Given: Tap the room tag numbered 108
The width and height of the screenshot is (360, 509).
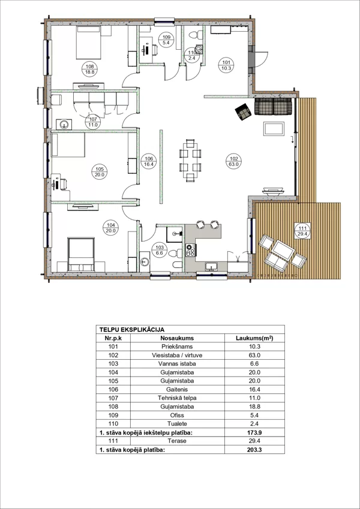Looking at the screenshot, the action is (x=88, y=70).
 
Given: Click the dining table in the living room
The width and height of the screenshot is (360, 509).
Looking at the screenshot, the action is (x=190, y=160).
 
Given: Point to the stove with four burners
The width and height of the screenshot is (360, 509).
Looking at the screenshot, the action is (x=190, y=250).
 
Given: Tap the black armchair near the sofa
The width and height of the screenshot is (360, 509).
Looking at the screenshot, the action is (x=243, y=112).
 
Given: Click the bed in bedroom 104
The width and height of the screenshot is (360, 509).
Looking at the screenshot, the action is (x=81, y=254).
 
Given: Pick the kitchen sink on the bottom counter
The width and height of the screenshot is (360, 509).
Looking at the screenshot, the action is (x=212, y=267).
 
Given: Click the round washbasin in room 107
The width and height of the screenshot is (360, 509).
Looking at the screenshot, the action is (x=64, y=124).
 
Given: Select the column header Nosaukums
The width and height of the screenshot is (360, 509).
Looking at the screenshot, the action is (x=177, y=338).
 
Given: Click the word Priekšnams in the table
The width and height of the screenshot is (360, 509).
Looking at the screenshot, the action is (x=177, y=347).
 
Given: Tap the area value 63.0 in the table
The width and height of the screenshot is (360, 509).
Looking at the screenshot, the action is (x=254, y=355).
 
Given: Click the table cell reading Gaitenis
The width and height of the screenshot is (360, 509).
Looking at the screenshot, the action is (x=177, y=390).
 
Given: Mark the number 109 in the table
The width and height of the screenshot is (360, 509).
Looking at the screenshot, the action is (x=113, y=415).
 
